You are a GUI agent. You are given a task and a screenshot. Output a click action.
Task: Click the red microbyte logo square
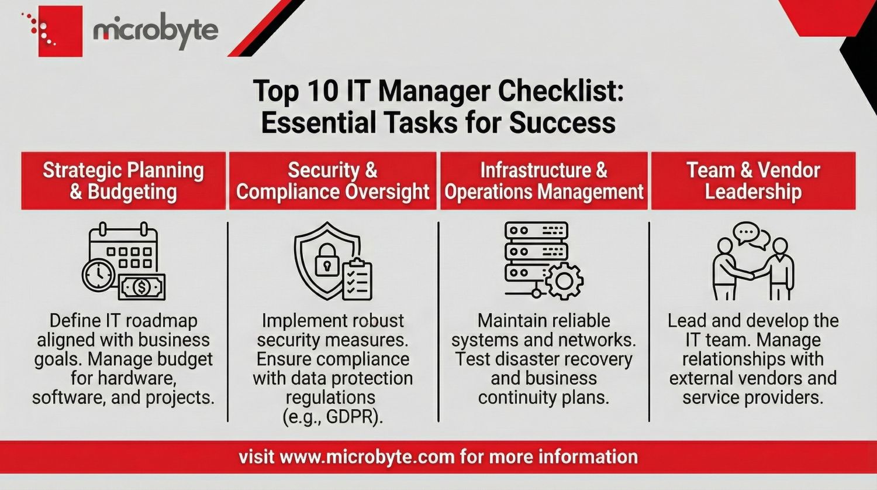point(60,31)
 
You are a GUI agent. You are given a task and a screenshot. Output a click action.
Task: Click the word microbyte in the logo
point(156,30)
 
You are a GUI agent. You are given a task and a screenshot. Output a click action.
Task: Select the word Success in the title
point(562,123)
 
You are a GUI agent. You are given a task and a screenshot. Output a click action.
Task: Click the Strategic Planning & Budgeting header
point(123,181)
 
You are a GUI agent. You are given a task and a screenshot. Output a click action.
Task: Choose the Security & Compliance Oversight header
point(333,181)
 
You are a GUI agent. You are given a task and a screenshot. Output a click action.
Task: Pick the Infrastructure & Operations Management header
point(544,181)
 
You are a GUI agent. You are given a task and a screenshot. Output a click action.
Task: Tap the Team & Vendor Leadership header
point(753,181)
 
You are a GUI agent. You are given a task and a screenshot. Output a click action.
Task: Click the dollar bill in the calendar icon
point(142,287)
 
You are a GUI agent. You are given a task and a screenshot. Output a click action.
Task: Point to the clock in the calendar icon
point(99,274)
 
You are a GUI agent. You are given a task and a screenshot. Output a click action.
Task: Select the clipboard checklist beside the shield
point(357,280)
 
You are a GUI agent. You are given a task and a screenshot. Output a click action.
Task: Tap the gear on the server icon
point(564,281)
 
